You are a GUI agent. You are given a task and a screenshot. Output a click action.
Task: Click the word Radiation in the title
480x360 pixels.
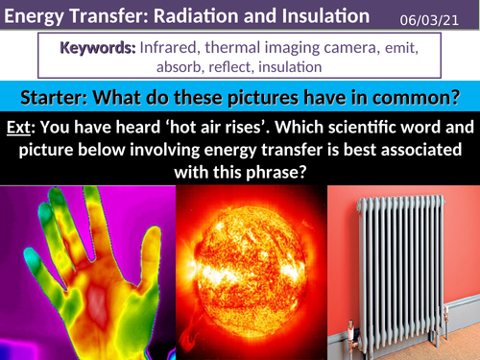(191, 16)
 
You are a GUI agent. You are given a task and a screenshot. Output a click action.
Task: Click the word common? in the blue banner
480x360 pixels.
(415, 98)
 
